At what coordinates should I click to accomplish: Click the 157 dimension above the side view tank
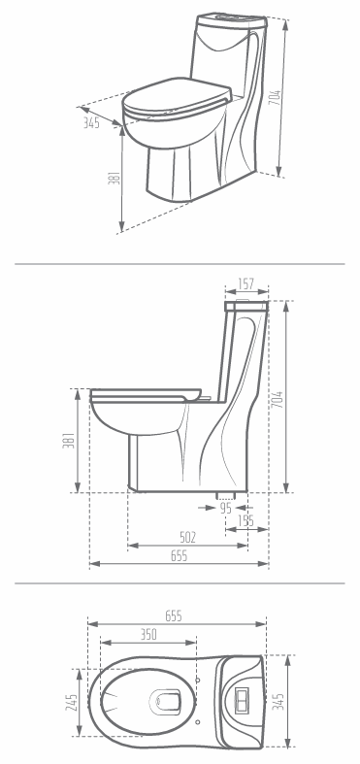pyautogui.click(x=246, y=283)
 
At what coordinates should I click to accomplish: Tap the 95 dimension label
pyautogui.click(x=225, y=508)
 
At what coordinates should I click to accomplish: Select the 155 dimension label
pyautogui.click(x=246, y=521)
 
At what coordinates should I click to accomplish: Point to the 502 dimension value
pyautogui.click(x=187, y=538)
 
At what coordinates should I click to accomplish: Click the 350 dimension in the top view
pyautogui.click(x=148, y=634)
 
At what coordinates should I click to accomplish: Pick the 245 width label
pyautogui.click(x=71, y=702)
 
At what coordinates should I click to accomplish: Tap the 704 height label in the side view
pyautogui.click(x=278, y=400)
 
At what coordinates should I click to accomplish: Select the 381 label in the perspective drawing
pyautogui.click(x=112, y=179)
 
